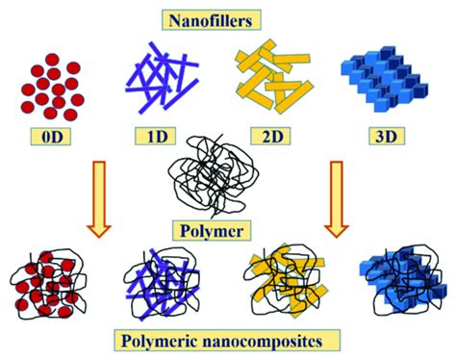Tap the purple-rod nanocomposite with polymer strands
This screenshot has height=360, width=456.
[164, 284]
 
